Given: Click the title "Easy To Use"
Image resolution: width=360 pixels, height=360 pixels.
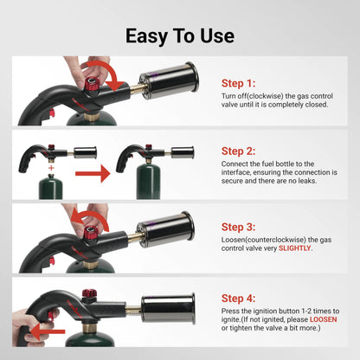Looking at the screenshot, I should coord(180,35).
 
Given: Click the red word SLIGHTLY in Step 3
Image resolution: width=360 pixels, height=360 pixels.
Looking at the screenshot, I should coord(296,247).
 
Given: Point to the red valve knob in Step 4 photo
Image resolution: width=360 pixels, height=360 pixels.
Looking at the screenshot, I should coord(88,294).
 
